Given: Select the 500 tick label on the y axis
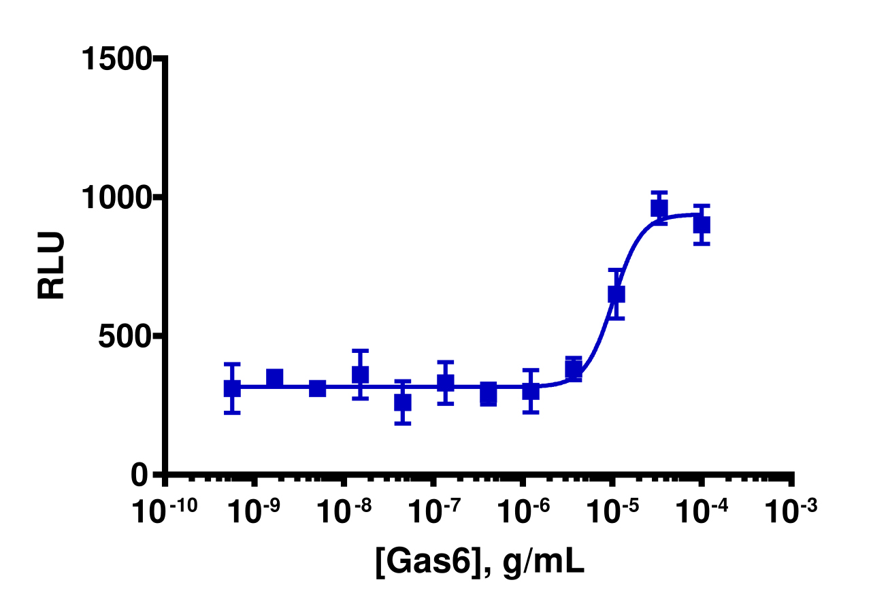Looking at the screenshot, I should (x=125, y=337).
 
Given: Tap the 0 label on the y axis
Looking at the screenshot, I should (x=141, y=475).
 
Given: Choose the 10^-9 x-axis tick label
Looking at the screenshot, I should (x=254, y=511).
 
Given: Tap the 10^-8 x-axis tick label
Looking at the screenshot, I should (x=344, y=511).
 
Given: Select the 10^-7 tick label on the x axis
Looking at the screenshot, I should (x=433, y=511).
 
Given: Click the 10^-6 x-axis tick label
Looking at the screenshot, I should (x=523, y=511).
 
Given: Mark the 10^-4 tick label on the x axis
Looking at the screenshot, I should (x=702, y=511).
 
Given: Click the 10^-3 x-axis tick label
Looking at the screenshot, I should (x=791, y=511).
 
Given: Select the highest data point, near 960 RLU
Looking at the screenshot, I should (x=659, y=208).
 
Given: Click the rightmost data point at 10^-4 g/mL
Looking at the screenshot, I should (x=702, y=224).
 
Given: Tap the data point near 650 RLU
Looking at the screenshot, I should (x=616, y=294).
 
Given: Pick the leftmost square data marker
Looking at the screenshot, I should (x=232, y=388).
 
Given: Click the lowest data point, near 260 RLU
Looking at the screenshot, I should (x=403, y=403).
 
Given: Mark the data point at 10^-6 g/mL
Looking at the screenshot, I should (x=531, y=391).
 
